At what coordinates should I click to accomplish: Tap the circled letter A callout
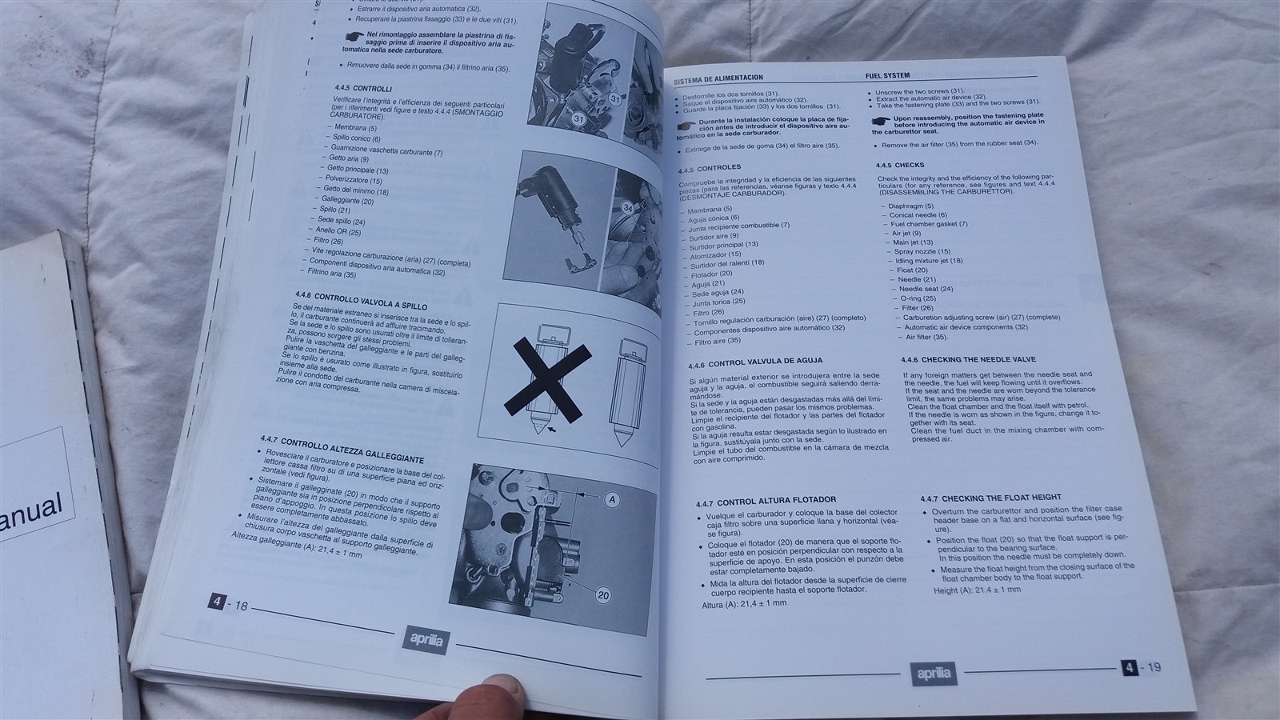coord(612,500)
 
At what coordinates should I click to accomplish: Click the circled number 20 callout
coord(602,595)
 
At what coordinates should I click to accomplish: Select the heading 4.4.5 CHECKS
coord(900,165)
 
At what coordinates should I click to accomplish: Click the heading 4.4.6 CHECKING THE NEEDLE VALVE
coord(968,360)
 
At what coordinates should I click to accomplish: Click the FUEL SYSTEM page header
coord(887,76)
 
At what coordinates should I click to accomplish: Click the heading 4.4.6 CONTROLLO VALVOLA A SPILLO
coord(360,301)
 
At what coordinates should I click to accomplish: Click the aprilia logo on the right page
coord(932,674)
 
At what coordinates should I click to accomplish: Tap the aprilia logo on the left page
coord(425,639)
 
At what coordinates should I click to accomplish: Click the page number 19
coord(1153,668)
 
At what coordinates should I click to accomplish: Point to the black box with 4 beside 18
coord(216,602)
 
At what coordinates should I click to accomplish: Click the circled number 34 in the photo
coord(629,208)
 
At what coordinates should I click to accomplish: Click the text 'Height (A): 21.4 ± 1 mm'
coord(977,590)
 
